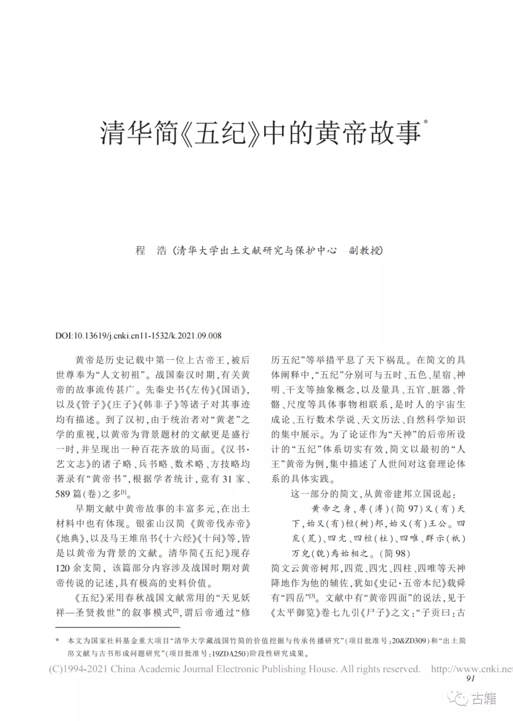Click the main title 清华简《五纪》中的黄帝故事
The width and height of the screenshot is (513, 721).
click(260, 133)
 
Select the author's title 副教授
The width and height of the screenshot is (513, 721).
click(365, 250)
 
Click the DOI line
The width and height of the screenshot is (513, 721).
click(138, 336)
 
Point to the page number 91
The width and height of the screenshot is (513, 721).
click(470, 678)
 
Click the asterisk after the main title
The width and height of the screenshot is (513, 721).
click(425, 122)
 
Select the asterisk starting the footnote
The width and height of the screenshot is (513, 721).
click(57, 641)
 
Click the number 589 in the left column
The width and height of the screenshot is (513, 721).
click(63, 494)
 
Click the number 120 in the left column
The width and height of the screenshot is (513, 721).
click(63, 568)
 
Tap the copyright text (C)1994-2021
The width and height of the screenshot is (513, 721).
click(78, 669)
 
